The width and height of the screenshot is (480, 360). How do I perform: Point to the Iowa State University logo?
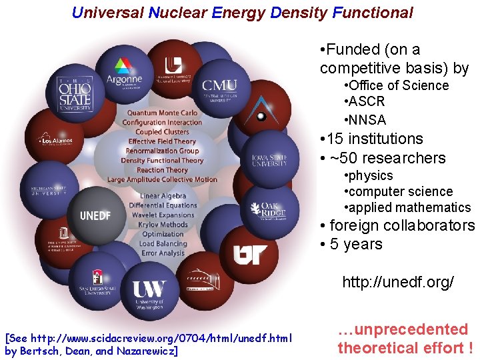pos(269,160)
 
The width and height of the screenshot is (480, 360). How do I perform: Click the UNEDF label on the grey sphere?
pos(95,215)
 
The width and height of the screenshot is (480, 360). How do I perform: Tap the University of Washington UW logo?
pos(149,293)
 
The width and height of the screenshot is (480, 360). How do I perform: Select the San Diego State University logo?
pos(95,283)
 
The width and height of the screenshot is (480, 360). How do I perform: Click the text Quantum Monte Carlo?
pos(163,113)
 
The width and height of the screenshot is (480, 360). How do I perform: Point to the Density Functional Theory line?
pos(162,161)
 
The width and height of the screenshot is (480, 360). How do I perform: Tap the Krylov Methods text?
pos(163,225)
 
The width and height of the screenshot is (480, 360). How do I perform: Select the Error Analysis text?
pos(163,253)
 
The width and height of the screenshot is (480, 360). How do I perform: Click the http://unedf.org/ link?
pos(397,282)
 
